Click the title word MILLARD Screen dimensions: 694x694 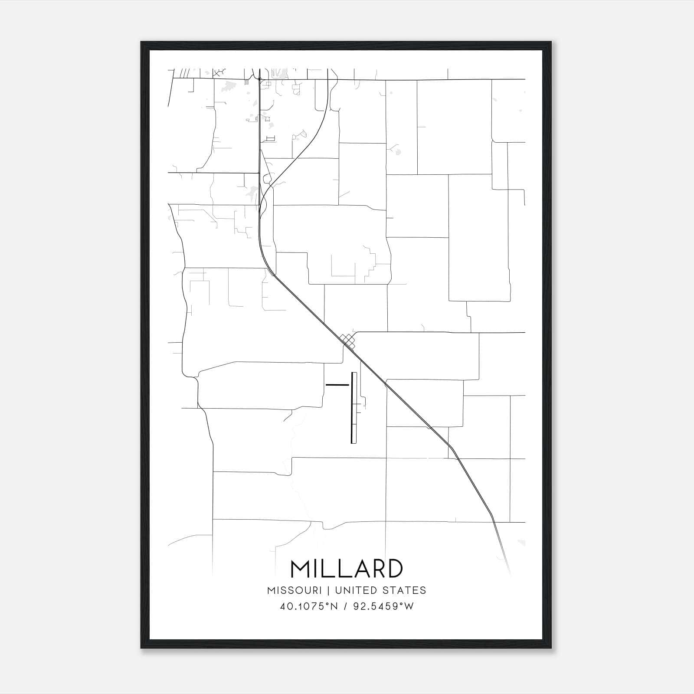coord(347,569)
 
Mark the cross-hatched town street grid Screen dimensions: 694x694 coord(348,340)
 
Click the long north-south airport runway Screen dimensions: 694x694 coord(354,408)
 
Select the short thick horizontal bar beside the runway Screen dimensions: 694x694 coord(337,385)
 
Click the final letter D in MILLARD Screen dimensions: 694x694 coord(393,569)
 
